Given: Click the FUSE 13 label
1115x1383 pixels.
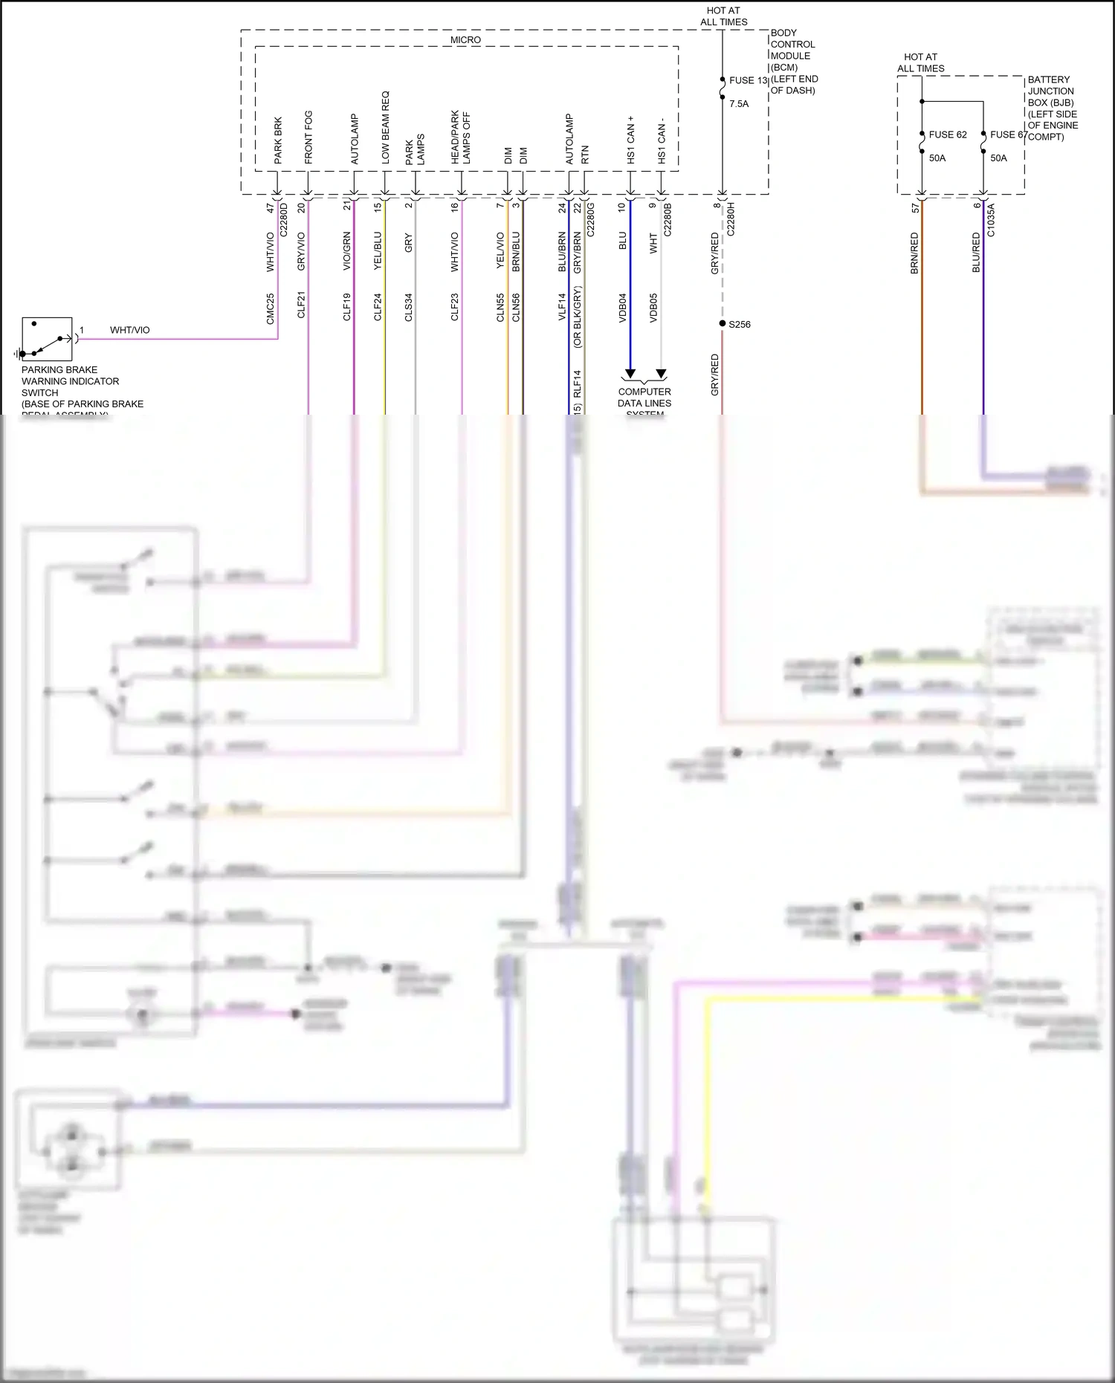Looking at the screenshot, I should click(748, 80).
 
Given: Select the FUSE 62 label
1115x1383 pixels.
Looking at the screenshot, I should click(948, 135).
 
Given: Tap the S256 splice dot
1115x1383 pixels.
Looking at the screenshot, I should click(723, 323).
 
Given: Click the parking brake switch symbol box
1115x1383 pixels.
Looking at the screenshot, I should click(47, 339).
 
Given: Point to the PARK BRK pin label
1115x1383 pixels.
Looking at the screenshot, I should click(278, 140).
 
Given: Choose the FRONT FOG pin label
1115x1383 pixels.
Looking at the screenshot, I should click(308, 137).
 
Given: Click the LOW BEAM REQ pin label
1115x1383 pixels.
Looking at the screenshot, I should click(385, 128).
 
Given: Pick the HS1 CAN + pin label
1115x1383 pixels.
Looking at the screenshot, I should click(630, 140).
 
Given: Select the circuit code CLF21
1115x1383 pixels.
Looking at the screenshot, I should click(301, 305).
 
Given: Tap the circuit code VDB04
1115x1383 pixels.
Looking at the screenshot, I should click(623, 307).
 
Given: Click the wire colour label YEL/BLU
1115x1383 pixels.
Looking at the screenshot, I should click(378, 251).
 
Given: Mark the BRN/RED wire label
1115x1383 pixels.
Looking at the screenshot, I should click(914, 253).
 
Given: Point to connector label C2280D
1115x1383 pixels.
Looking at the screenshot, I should click(283, 220).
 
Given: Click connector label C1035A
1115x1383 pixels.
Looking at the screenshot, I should click(990, 220).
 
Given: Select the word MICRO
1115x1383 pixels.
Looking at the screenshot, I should click(465, 40).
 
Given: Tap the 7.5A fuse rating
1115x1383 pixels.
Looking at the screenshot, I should click(739, 104).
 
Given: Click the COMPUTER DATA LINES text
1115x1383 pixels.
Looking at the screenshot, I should click(644, 398).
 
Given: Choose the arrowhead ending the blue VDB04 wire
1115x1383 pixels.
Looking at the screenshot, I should click(630, 374).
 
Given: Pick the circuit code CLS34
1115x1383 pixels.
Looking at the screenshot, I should click(408, 308).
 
